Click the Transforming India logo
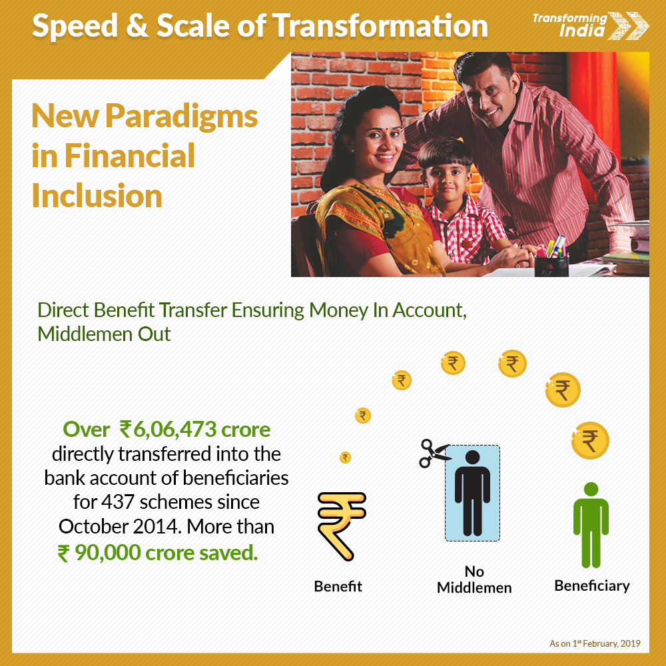click(590, 25)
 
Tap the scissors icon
click(434, 454)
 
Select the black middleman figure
click(472, 493)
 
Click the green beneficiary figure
click(591, 525)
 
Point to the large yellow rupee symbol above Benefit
click(341, 526)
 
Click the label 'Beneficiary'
click(591, 586)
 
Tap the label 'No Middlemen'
click(474, 579)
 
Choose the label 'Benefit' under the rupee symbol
click(338, 586)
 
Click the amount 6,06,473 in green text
click(175, 430)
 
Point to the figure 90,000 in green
click(108, 553)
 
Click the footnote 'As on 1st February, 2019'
click(595, 643)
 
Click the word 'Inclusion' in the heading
click(97, 196)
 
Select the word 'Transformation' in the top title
click(380, 26)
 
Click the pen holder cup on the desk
click(551, 266)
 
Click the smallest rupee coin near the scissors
click(345, 458)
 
